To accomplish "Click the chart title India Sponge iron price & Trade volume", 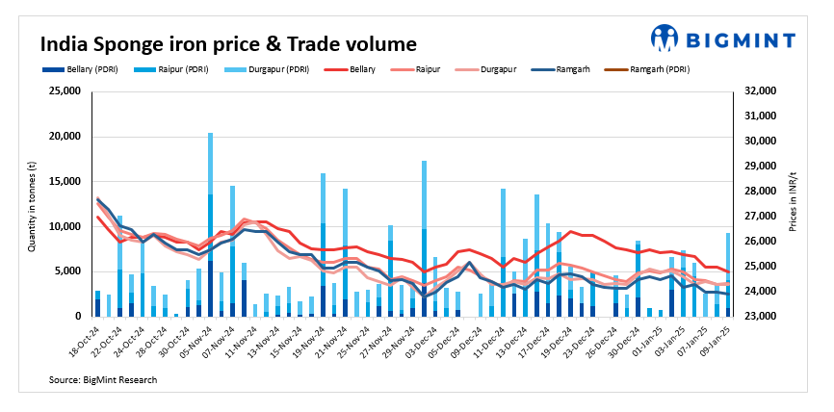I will [x=227, y=44].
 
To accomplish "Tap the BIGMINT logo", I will [x=723, y=39].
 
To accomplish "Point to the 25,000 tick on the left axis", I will [x=65, y=91].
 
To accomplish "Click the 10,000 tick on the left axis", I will [x=65, y=226].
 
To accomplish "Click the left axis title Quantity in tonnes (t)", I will [x=31, y=203].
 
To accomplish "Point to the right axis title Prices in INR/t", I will [x=798, y=203].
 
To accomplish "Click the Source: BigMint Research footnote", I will [x=102, y=380].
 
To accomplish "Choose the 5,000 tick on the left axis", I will [x=67, y=271].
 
